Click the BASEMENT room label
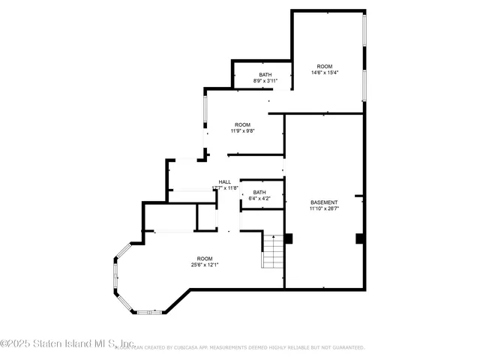pos(324,202)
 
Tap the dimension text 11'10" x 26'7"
pos(324,209)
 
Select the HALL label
pos(225,182)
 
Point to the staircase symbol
pos(272,251)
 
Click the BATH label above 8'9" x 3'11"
pos(265,74)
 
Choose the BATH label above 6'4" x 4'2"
pos(259,193)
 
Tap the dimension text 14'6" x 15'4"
pos(325,73)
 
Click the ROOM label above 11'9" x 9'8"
pos(242,124)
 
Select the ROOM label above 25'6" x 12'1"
pos(204,256)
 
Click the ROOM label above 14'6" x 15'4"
pos(324,66)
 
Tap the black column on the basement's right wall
pos(359,238)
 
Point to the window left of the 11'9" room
pos(204,112)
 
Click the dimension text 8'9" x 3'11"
pos(265,81)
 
